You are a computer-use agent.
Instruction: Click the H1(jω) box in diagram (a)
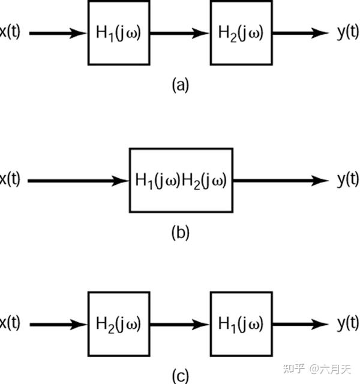pos(118,32)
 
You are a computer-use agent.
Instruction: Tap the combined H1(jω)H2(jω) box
pos(181,181)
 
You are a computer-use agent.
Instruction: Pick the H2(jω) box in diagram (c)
pos(118,325)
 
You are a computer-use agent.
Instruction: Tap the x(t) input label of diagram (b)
pos(10,179)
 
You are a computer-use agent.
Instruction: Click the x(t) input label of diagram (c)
pos(10,324)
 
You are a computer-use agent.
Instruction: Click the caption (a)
pos(180,85)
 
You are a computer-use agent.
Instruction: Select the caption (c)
pos(180,376)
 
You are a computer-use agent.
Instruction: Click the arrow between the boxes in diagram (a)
pos(179,32)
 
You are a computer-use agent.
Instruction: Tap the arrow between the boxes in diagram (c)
pos(179,325)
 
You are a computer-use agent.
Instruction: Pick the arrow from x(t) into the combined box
pos(78,181)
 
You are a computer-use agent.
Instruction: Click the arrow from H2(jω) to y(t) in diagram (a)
pos(297,32)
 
